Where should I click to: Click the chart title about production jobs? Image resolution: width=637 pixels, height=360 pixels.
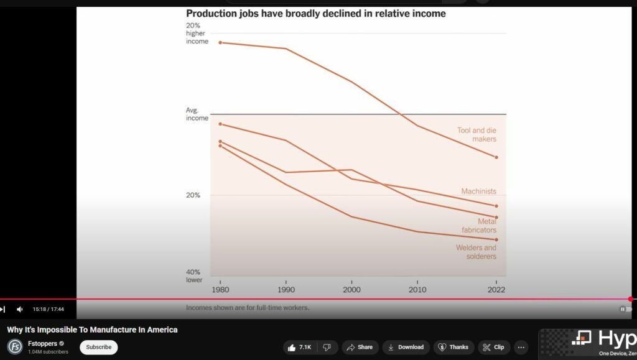coord(315,14)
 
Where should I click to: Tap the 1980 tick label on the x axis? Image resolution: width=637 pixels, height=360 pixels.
coord(220,289)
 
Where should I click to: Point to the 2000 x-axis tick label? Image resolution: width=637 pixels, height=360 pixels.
coord(351,289)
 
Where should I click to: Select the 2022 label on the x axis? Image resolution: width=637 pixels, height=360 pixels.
coord(496,289)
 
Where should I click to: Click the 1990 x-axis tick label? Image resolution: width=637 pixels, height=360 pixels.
coord(286,289)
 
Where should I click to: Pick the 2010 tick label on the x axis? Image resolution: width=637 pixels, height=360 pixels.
coord(417,289)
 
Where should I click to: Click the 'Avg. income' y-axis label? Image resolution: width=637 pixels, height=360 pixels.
coord(197,114)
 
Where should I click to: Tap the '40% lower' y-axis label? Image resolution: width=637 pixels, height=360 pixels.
coord(195,276)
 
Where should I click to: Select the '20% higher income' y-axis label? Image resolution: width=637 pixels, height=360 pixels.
coord(197,34)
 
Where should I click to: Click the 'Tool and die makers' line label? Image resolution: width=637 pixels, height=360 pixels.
coord(477,135)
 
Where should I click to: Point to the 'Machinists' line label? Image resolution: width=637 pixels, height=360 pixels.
coord(478,192)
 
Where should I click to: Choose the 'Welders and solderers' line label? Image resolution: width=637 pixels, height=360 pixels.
coord(476,252)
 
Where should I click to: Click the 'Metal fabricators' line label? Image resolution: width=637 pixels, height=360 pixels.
coord(479,226)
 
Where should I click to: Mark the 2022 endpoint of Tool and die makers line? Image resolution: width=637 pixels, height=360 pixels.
coord(496,157)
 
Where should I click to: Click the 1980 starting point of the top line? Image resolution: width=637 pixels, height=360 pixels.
coord(220,42)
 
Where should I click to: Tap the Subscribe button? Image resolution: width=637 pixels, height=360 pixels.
coord(98,347)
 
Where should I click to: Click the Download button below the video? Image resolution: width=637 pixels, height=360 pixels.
coord(406,347)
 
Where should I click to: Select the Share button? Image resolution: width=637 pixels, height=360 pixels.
coord(360,347)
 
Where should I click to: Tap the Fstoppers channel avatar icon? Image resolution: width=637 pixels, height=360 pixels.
coord(15,346)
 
